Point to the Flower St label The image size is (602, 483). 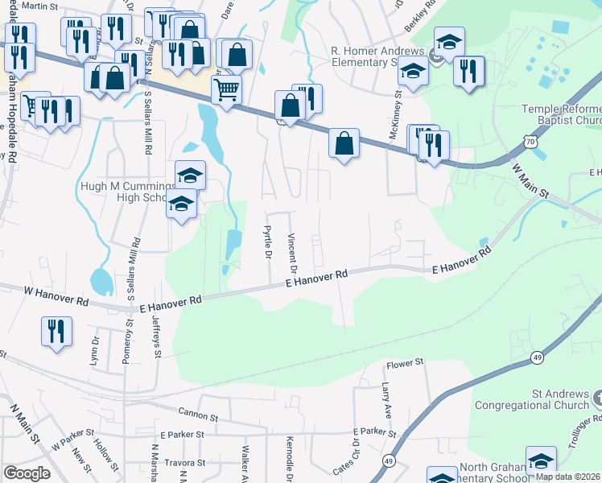tap(405, 364)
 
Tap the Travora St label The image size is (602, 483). tap(187, 463)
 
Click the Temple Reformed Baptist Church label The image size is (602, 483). tap(561, 115)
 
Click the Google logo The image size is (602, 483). tap(27, 473)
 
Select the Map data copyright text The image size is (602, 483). tap(568, 477)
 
